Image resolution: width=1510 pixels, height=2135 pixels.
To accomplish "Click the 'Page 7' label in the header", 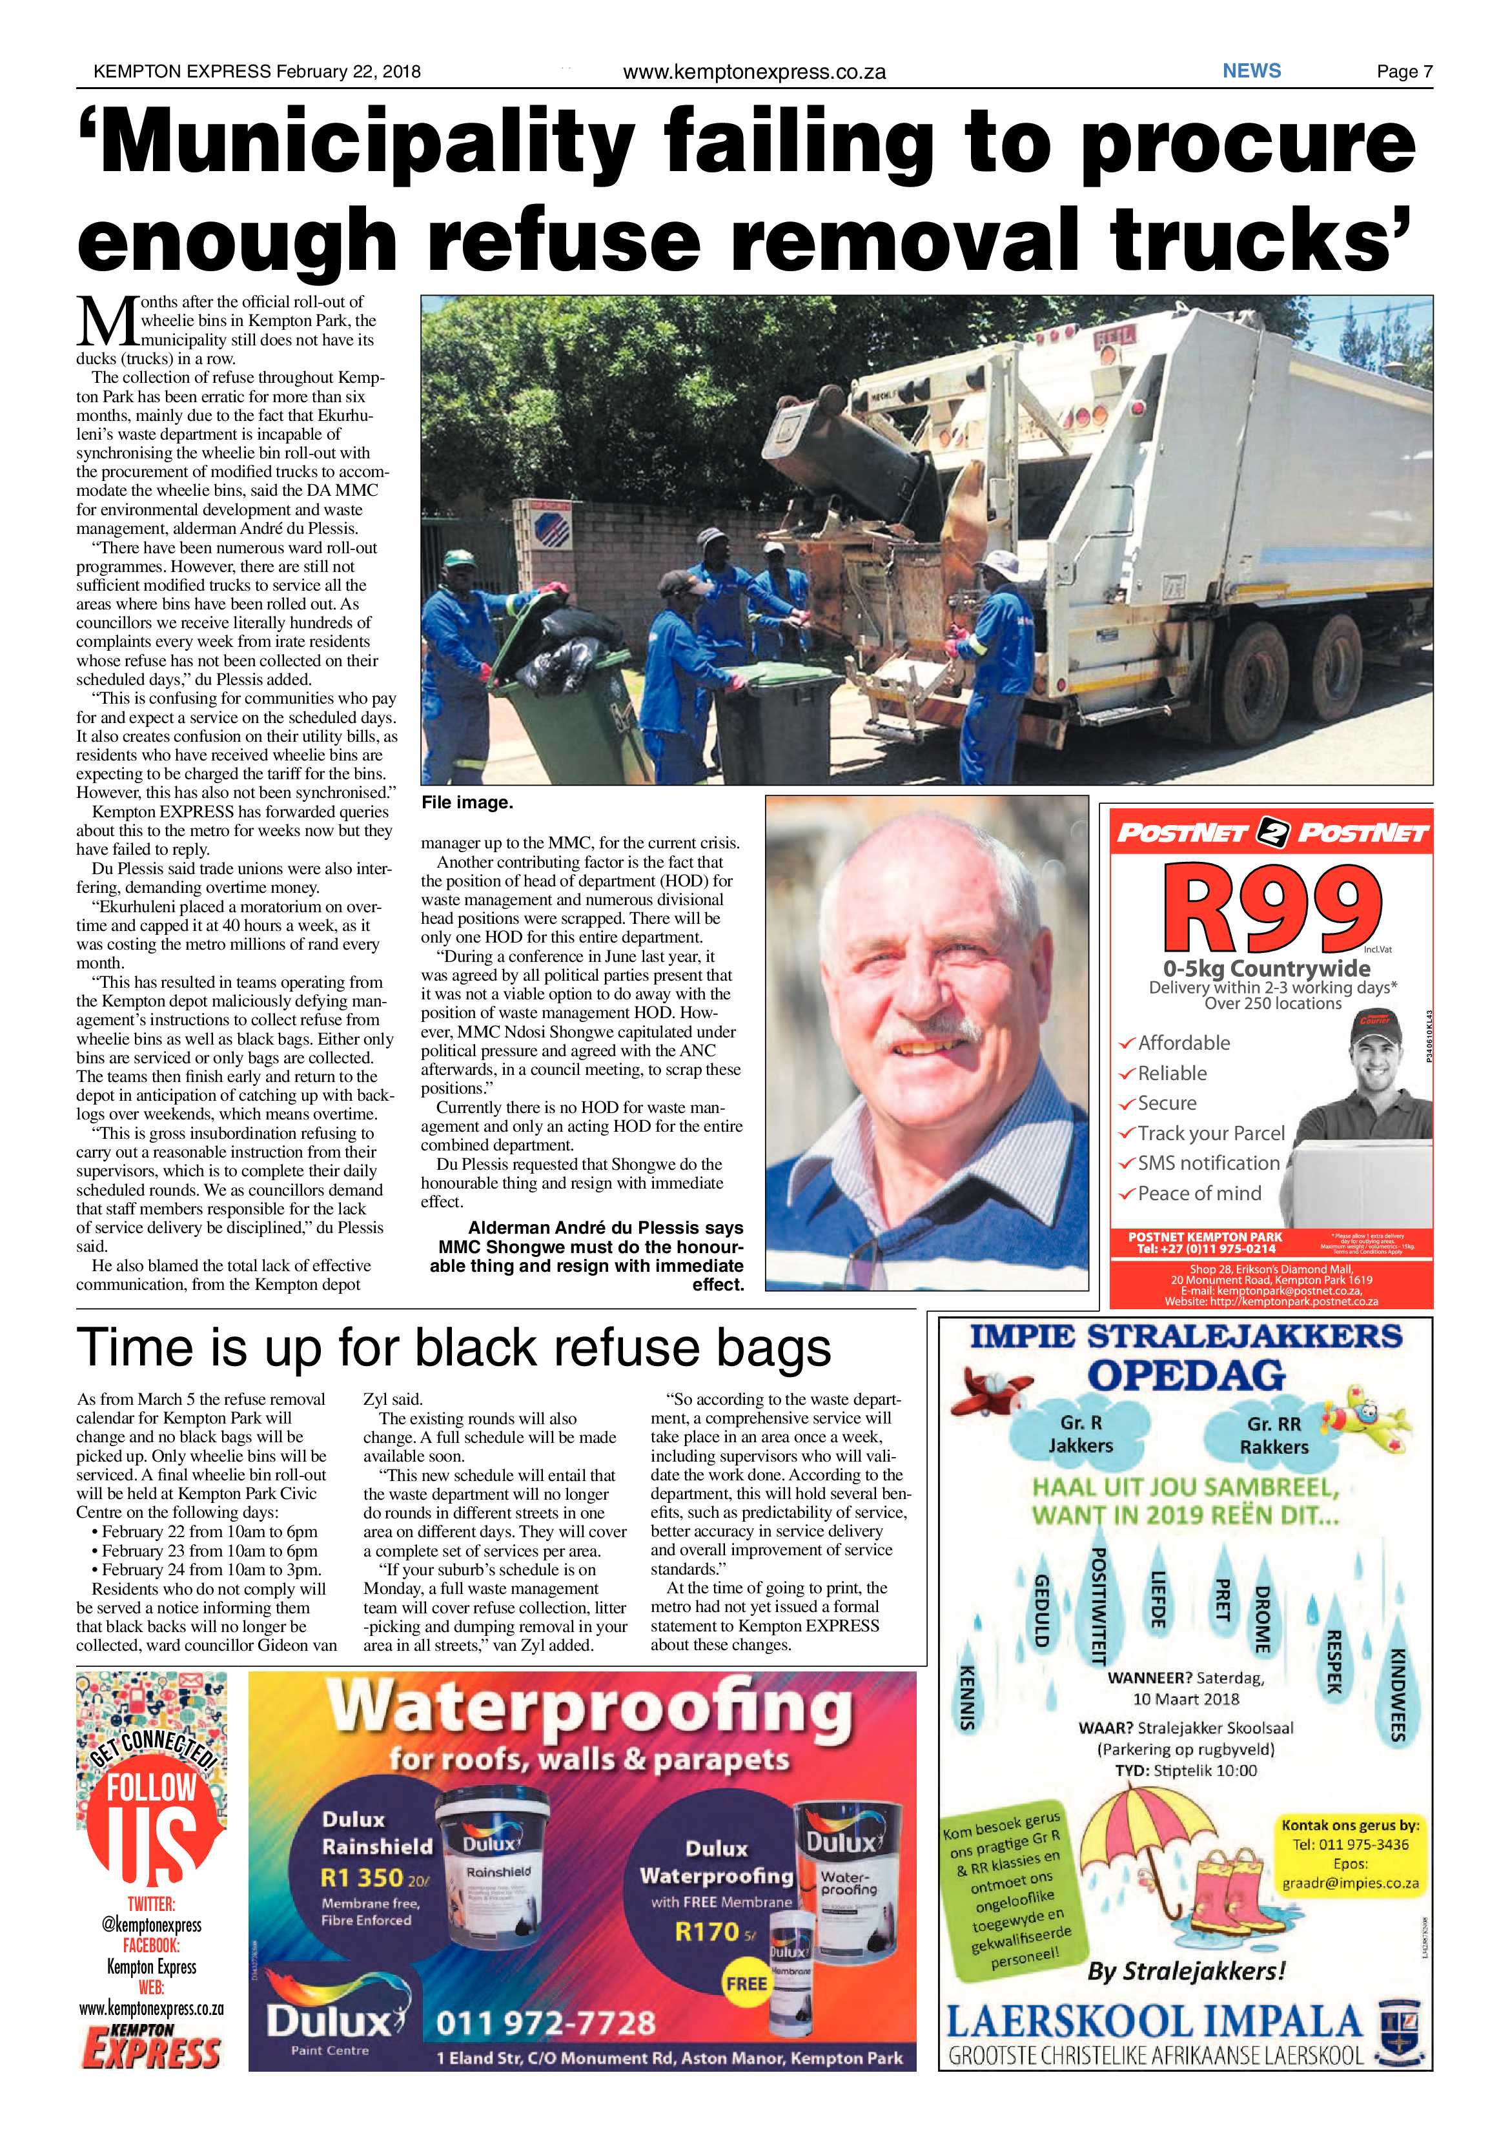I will click(1404, 72).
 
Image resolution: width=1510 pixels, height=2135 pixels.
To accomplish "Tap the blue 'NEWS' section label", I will click(1252, 70).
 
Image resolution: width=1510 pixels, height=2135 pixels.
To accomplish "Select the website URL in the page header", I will click(753, 72).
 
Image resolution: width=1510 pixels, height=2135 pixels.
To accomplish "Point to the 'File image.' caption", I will click(467, 802).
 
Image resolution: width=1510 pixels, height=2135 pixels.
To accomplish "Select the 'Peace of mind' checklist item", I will click(1199, 1193).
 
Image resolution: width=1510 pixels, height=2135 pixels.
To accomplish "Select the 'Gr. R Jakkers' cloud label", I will click(1081, 1435).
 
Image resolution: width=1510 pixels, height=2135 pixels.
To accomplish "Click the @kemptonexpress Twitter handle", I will click(150, 1924).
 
